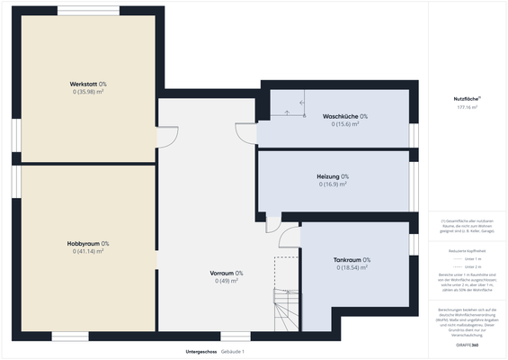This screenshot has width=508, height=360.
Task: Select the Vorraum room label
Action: pyautogui.click(x=227, y=273)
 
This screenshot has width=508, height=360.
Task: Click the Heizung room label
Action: pyautogui.click(x=333, y=176)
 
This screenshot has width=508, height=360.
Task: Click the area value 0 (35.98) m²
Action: pyautogui.click(x=88, y=92)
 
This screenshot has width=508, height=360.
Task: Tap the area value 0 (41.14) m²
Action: pyautogui.click(x=88, y=251)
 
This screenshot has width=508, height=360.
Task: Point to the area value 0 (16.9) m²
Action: pyautogui.click(x=333, y=184)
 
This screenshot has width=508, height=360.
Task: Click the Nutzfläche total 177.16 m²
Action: pyautogui.click(x=467, y=107)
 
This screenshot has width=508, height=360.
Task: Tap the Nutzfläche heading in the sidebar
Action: pyautogui.click(x=466, y=98)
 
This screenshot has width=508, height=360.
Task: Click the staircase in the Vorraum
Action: pyautogui.click(x=287, y=310)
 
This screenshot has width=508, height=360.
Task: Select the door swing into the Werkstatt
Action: pyautogui.click(x=167, y=137)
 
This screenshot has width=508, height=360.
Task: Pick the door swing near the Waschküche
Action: pyautogui.click(x=246, y=133)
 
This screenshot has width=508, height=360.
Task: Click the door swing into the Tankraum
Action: pyautogui.click(x=290, y=236)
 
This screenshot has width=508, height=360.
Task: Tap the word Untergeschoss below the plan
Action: pyautogui.click(x=201, y=351)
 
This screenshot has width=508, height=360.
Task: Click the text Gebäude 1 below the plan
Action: pyautogui.click(x=233, y=351)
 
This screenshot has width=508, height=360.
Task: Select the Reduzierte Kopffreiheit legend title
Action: pyautogui.click(x=467, y=251)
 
